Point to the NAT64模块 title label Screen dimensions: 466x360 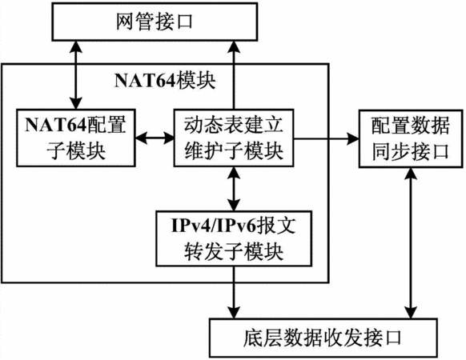click(165, 81)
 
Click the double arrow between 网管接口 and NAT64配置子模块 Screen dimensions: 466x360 click(76, 75)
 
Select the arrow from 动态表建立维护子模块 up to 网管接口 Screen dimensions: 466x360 click(234, 75)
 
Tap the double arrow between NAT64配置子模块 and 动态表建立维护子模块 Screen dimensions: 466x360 click(155, 138)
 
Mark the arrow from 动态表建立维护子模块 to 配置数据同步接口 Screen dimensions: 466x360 click(327, 138)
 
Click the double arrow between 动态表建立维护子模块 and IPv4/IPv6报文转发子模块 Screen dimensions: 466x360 click(234, 189)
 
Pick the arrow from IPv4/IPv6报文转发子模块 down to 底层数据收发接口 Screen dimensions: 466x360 click(234, 292)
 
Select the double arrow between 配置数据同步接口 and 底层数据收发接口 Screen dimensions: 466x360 click(411, 243)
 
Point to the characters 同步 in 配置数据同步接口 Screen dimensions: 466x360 click(391, 152)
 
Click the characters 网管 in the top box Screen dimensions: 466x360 click(135, 22)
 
